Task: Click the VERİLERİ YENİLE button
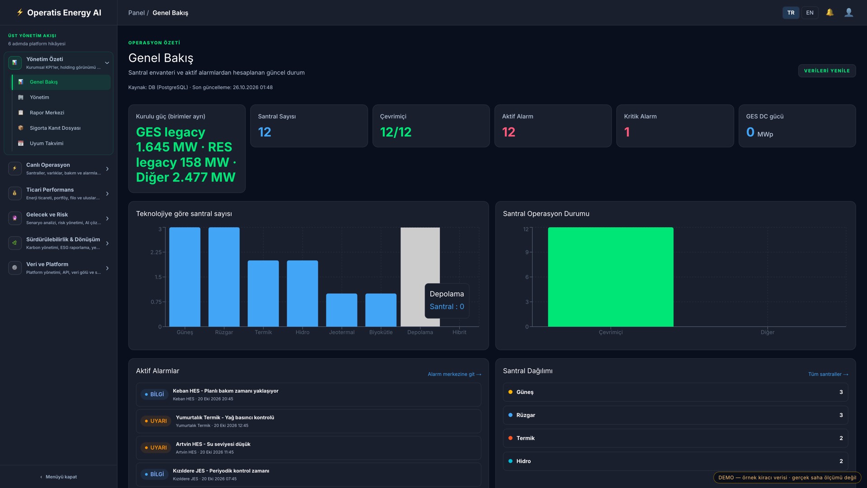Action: coord(827,71)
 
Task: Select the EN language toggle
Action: coord(810,13)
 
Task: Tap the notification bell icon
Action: coord(830,13)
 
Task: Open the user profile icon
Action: coord(848,13)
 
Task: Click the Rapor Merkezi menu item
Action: coord(47,113)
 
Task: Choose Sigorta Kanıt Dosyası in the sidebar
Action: coord(55,128)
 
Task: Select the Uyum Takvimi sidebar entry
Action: coord(47,144)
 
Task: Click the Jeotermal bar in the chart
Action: coord(341,310)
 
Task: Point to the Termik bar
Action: coord(263,294)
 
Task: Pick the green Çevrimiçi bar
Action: coord(611,277)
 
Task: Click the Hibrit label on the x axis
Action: coord(459,333)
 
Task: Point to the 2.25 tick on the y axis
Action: coord(156,252)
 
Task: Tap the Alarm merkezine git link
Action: coord(454,375)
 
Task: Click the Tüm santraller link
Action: coord(828,375)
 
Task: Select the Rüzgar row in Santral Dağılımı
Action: coord(675,415)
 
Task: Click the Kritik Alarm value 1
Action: coord(627,132)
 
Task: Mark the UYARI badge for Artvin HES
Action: coord(156,448)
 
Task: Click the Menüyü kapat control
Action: coord(59,477)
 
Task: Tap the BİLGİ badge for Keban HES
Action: coord(154,394)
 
